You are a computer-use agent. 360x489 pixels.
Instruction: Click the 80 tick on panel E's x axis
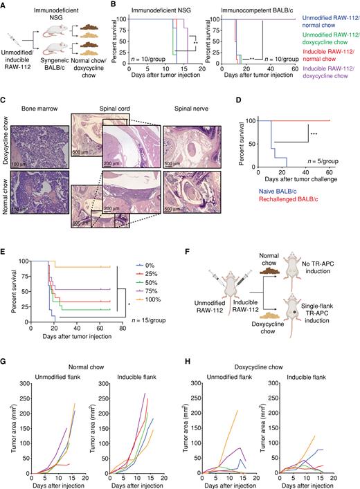123,333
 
